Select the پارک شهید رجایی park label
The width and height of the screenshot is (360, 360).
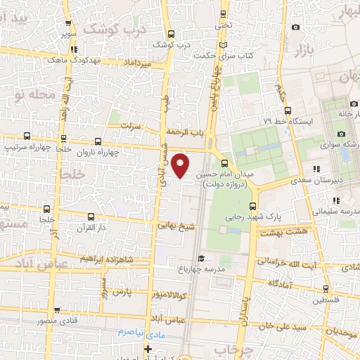point(256,217)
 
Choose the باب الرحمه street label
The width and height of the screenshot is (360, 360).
point(184,131)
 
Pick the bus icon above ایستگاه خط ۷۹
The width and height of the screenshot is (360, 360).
point(288,110)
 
